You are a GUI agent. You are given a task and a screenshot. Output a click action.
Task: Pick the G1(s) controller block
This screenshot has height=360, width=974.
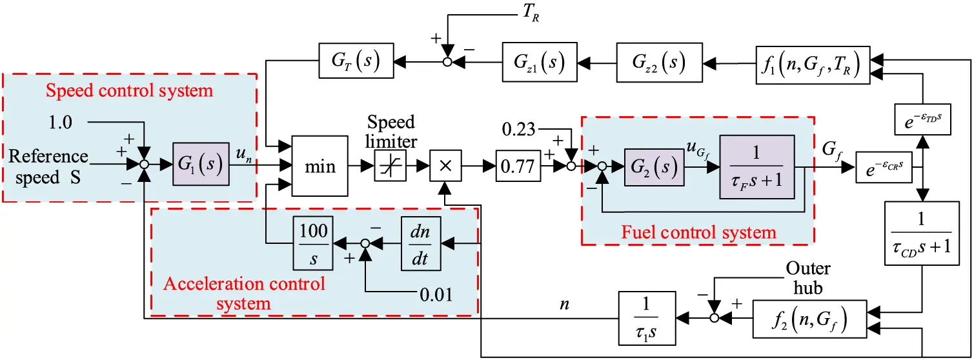tap(200, 165)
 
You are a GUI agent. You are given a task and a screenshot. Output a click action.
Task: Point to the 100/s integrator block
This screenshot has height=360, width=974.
tap(312, 242)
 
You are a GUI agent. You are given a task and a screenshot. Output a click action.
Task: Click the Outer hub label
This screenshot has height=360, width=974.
tap(807, 278)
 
